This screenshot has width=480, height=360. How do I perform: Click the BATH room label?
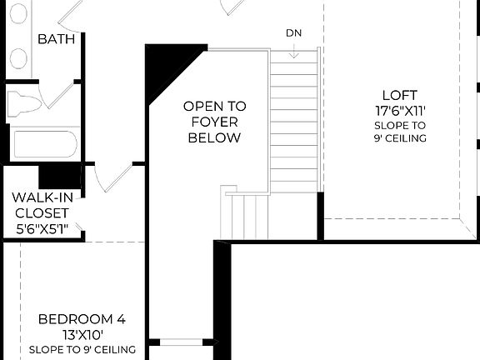(57, 39)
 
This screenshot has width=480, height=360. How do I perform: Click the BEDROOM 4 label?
(82, 318)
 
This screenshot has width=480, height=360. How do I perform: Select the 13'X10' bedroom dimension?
(82, 334)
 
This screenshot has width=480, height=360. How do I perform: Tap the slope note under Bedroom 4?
(82, 349)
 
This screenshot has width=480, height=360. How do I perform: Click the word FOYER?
(214, 122)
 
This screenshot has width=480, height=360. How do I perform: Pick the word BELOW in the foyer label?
(214, 137)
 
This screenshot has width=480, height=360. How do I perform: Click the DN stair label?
(293, 33)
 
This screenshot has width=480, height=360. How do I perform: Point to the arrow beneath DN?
(293, 52)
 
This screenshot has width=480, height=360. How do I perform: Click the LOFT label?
(399, 95)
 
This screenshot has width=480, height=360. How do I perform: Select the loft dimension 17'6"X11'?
(399, 110)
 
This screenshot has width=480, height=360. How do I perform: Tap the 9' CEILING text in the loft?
(399, 138)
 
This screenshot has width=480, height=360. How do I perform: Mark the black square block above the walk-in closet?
(58, 176)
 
